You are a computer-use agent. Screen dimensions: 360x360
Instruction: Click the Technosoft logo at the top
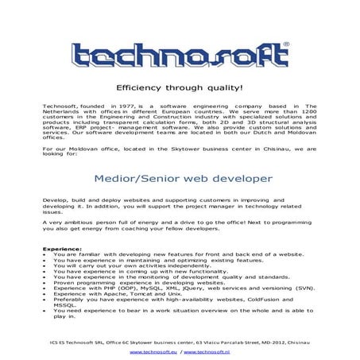click(180, 54)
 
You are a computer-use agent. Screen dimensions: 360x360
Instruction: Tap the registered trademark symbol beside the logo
click(286, 45)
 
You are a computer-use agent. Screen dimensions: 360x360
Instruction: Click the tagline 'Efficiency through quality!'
click(180, 89)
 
